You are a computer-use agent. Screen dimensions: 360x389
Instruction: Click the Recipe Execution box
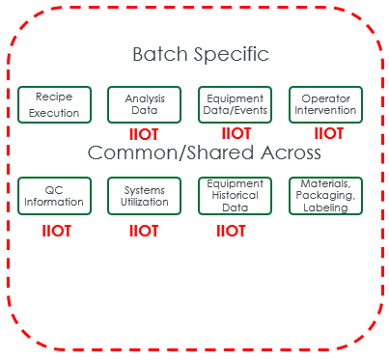pyautogui.click(x=54, y=104)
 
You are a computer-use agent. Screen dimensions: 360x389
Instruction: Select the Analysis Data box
pyautogui.click(x=144, y=104)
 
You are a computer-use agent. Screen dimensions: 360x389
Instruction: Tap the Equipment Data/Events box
pyautogui.click(x=234, y=104)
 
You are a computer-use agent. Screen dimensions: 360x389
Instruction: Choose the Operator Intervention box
pyautogui.click(x=325, y=104)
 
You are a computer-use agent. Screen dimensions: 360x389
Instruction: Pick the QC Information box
pyautogui.click(x=54, y=196)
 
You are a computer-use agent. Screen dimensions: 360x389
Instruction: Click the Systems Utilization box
pyautogui.click(x=144, y=196)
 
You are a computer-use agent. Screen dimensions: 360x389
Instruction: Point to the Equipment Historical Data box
pyautogui.click(x=234, y=196)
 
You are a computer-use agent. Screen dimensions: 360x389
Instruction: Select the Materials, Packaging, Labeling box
pyautogui.click(x=325, y=196)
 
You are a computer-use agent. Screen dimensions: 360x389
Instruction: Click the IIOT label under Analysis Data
pyautogui.click(x=143, y=135)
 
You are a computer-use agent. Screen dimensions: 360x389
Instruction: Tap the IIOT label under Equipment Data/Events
pyautogui.click(x=236, y=133)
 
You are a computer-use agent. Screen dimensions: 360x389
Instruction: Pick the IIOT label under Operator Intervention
pyautogui.click(x=328, y=133)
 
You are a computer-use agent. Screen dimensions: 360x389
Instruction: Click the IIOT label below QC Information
pyautogui.click(x=57, y=232)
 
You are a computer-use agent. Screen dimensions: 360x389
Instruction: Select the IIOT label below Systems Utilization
pyautogui.click(x=143, y=232)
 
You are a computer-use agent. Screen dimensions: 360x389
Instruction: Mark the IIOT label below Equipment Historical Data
pyautogui.click(x=231, y=232)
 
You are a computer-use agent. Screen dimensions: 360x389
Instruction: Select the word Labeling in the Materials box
pyautogui.click(x=325, y=208)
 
